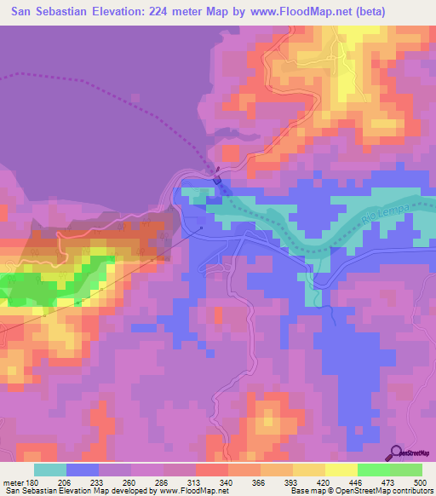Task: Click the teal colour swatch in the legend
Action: [x=50, y=470]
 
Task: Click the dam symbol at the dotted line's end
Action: [x=217, y=180]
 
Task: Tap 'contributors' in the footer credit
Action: [x=411, y=491]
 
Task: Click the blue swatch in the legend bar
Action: [x=83, y=470]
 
